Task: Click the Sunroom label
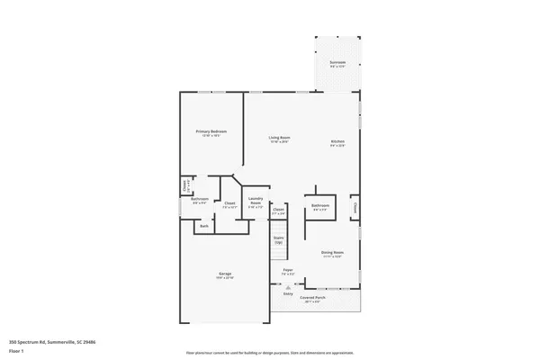coord(337,62)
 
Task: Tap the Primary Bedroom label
coord(211,131)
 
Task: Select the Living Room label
coord(280,138)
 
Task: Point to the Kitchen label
coord(338,141)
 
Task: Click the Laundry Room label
coord(256,202)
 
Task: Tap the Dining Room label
coord(333,253)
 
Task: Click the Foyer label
coord(288,270)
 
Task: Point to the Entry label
coord(289,293)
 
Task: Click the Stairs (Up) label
coord(278,240)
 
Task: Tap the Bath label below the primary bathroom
coord(204,226)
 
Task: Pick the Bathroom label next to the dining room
coord(320,206)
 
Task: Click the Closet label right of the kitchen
coord(355,207)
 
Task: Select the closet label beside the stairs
coord(278,210)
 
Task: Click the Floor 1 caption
coord(16,349)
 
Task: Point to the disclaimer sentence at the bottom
coord(270,353)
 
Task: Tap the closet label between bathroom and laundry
coord(229,203)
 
